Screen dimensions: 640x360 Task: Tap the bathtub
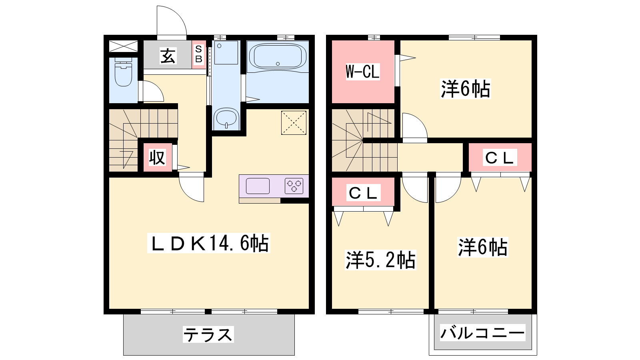pos(278,57)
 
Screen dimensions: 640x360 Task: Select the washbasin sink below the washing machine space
pos(226,118)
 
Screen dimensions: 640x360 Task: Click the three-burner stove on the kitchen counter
pos(294,186)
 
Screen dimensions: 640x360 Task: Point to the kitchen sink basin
pos(258,186)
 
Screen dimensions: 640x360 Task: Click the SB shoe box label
pos(199,54)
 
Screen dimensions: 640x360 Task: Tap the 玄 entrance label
pos(168,56)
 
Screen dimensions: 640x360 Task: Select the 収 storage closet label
pos(158,158)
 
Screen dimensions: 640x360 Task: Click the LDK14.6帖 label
pos(209,243)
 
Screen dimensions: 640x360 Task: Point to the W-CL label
pos(362,72)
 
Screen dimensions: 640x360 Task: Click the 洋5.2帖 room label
pos(380,260)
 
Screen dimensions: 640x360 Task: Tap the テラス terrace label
pos(208,334)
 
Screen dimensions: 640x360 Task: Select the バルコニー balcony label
pos(482,332)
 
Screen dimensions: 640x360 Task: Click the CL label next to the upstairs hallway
pos(500,158)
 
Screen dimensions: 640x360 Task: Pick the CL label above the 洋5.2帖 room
pos(364,192)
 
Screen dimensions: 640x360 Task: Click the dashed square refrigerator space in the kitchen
pos(294,122)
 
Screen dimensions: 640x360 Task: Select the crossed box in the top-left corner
pos(124,46)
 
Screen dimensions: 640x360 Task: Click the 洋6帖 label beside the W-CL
pos(466,89)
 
